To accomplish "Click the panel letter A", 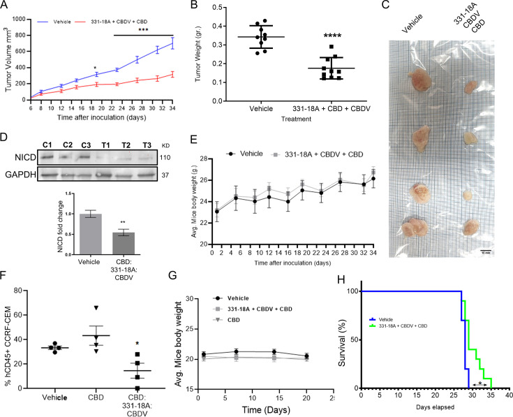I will (6, 6).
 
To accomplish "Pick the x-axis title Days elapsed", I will (433, 406).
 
